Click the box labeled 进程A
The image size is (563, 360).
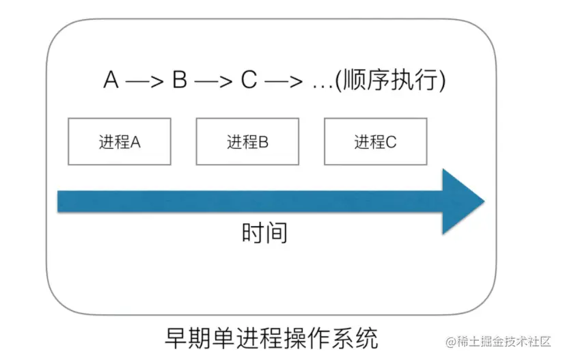(x=120, y=141)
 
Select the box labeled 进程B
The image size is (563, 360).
(x=247, y=141)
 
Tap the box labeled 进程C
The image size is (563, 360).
(x=375, y=141)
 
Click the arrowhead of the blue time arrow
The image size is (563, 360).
(x=463, y=202)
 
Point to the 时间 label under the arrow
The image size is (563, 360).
(x=264, y=234)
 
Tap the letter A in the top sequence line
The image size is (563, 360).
(x=111, y=81)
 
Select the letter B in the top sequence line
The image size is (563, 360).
(x=180, y=81)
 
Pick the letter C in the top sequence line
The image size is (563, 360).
(x=248, y=81)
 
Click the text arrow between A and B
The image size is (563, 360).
(x=146, y=82)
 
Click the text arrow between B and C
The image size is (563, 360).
(x=214, y=82)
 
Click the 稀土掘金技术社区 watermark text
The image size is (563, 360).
(x=509, y=341)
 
